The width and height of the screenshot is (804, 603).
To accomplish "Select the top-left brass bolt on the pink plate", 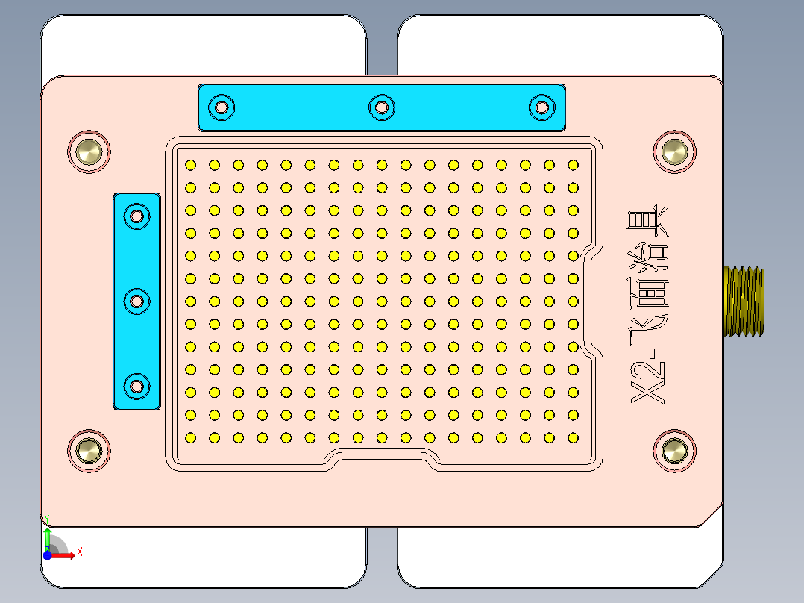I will pyautogui.click(x=89, y=151).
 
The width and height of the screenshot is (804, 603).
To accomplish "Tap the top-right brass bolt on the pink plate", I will pyautogui.click(x=674, y=151).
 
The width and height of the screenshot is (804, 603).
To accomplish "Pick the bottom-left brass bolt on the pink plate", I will pyautogui.click(x=89, y=451).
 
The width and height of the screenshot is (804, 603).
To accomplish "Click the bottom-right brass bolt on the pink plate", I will pyautogui.click(x=674, y=451).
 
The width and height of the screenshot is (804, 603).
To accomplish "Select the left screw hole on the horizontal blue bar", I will pyautogui.click(x=222, y=107).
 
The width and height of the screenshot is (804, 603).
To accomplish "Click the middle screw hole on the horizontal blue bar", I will pyautogui.click(x=381, y=107).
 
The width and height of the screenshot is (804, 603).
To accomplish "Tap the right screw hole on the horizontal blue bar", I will pyautogui.click(x=541, y=107).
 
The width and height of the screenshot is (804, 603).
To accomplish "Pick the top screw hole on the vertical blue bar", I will pyautogui.click(x=137, y=216).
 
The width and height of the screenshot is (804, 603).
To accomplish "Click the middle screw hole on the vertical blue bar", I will pyautogui.click(x=137, y=301).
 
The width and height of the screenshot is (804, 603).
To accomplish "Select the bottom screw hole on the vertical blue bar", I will pyautogui.click(x=137, y=386).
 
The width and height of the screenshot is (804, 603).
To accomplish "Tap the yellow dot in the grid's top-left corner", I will pyautogui.click(x=190, y=165).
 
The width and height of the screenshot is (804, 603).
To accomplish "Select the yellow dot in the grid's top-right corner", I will pyautogui.click(x=573, y=165).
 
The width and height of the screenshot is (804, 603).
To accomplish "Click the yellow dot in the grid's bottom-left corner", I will pyautogui.click(x=190, y=437).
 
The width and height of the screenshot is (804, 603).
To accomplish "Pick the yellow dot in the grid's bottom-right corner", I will pyautogui.click(x=573, y=437).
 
